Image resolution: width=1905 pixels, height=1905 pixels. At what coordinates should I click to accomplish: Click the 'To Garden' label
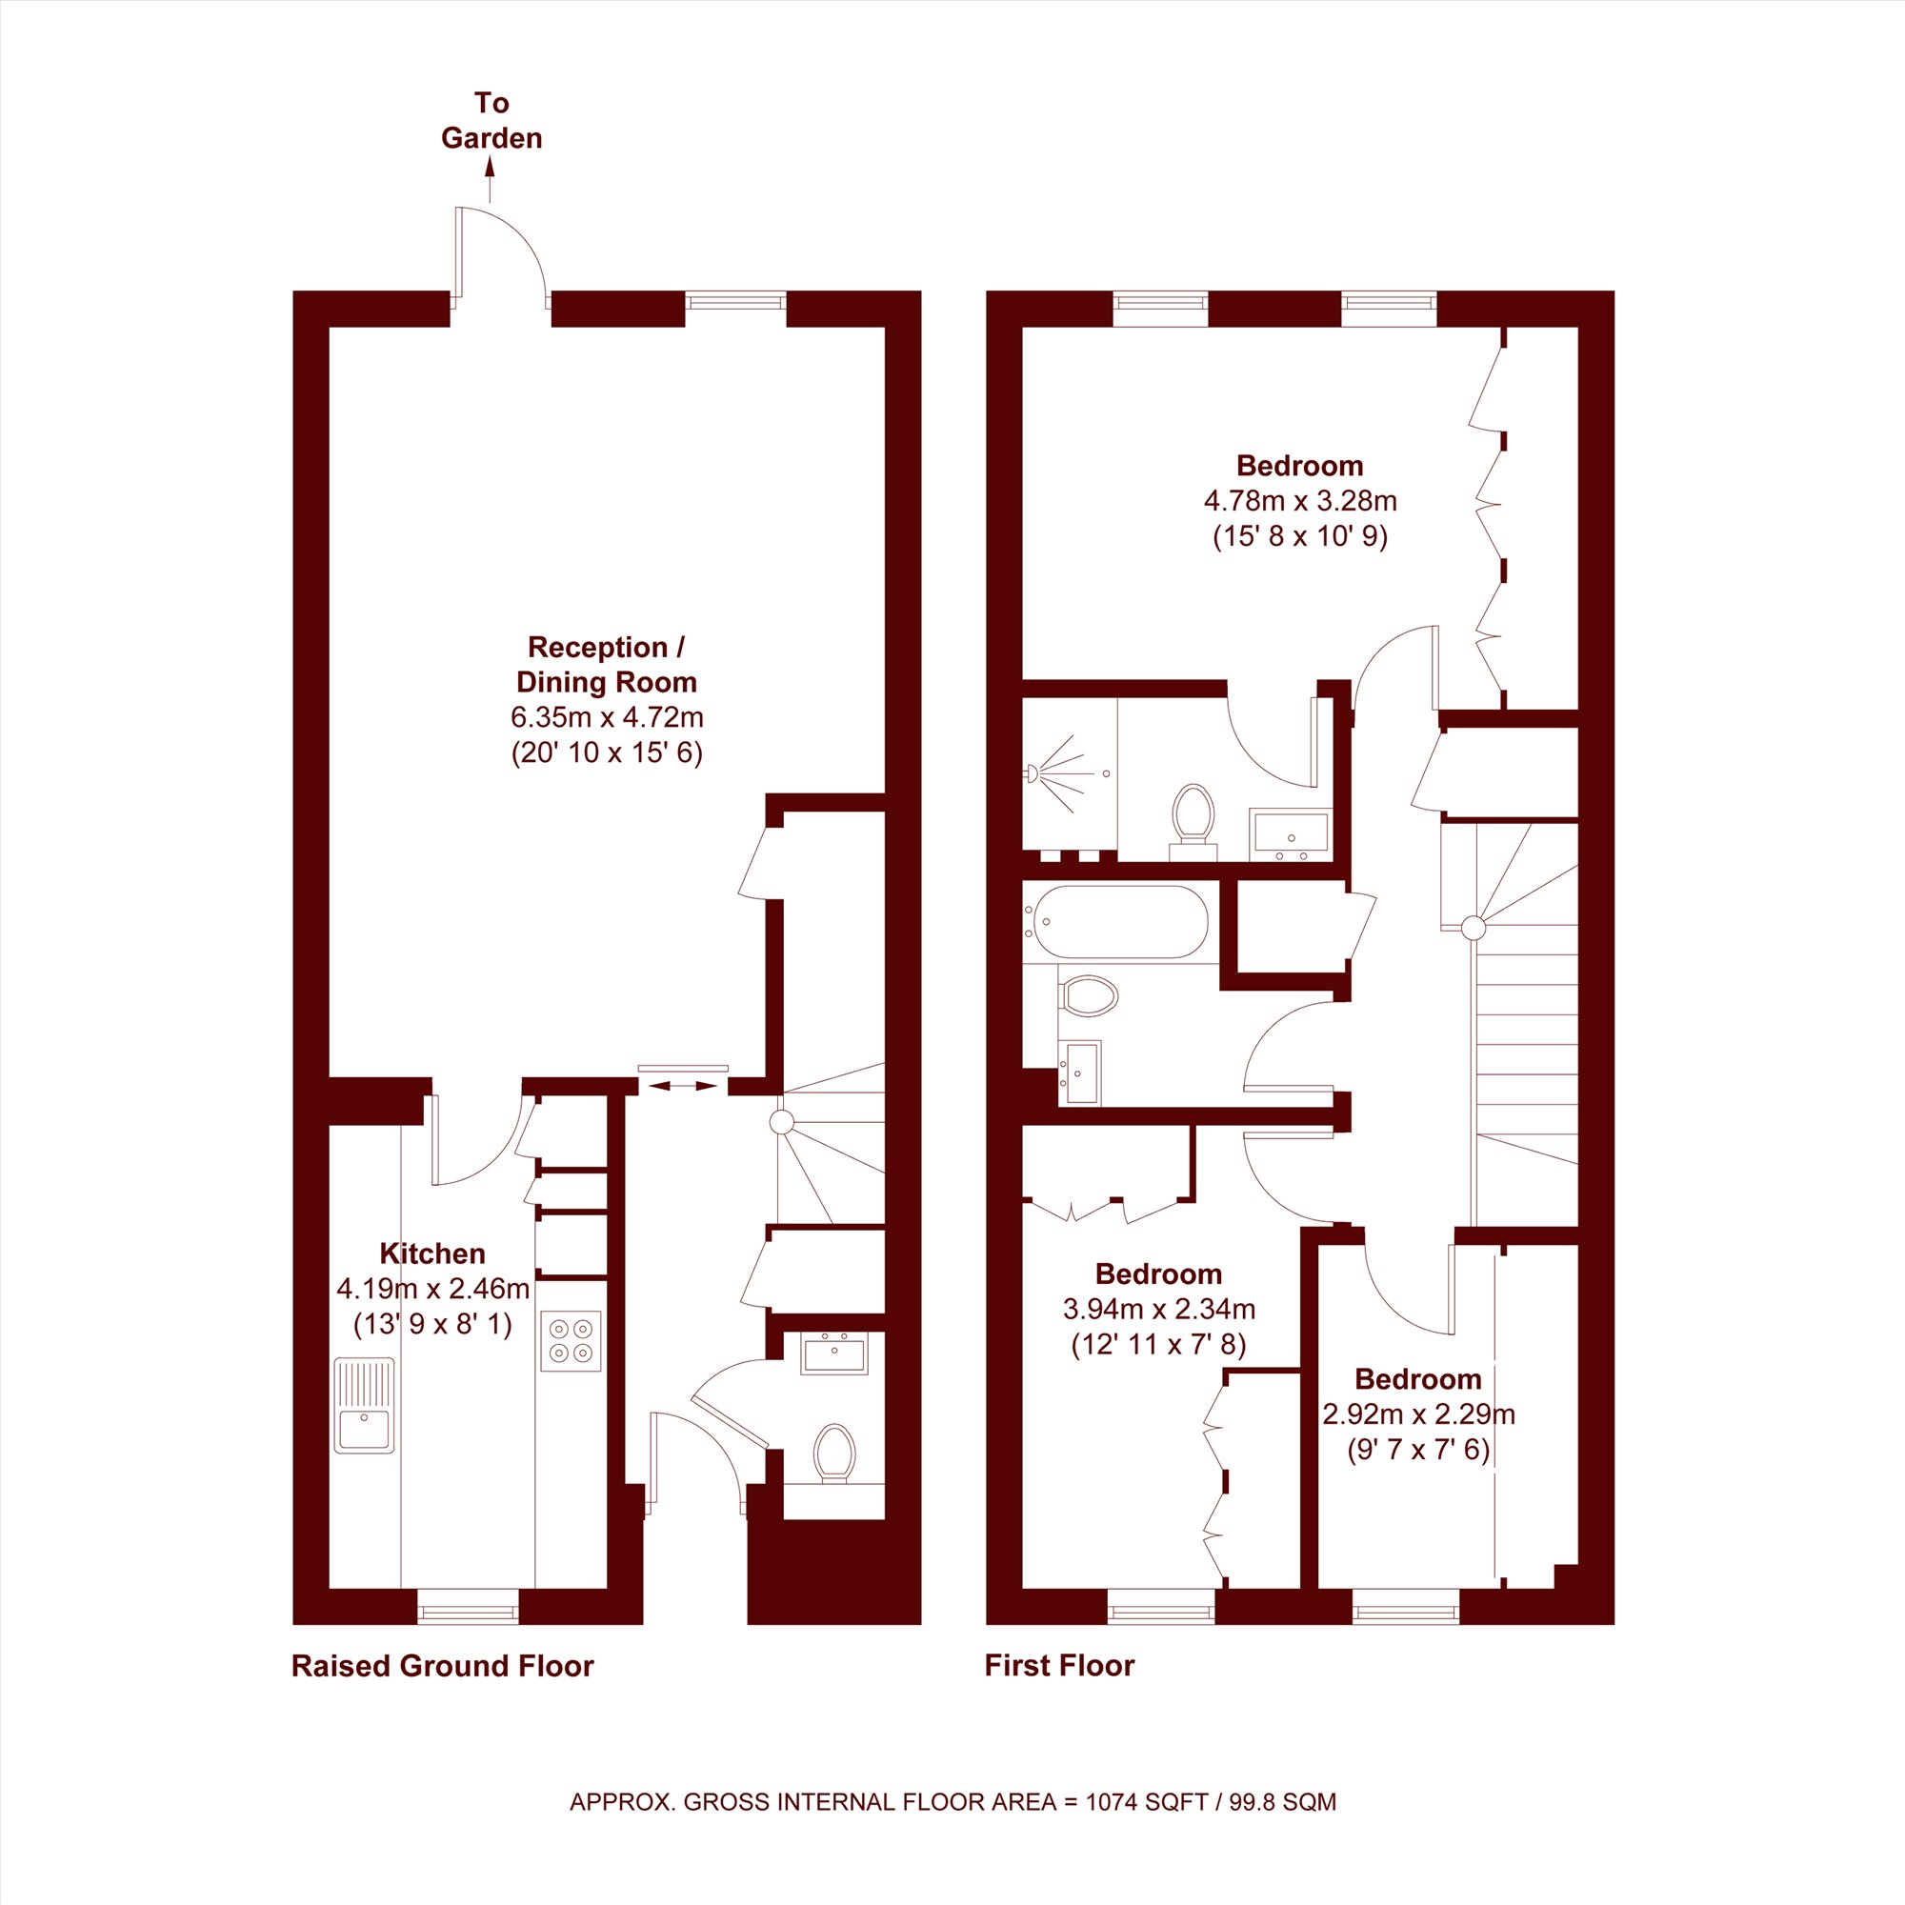pyautogui.click(x=491, y=120)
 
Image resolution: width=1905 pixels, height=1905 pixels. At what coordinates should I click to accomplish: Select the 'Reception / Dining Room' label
pyautogui.click(x=607, y=665)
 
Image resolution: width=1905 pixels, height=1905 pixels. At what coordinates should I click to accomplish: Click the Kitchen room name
pyautogui.click(x=431, y=1253)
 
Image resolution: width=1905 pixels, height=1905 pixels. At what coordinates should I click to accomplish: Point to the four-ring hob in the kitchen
pyautogui.click(x=571, y=1341)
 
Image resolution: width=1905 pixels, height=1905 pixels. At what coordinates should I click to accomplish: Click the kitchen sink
pyautogui.click(x=364, y=1406)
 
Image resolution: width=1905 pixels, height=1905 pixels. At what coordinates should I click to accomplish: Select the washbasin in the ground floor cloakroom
pyautogui.click(x=834, y=1353)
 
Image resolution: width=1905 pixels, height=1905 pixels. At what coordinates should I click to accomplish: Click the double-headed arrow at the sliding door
pyautogui.click(x=682, y=1086)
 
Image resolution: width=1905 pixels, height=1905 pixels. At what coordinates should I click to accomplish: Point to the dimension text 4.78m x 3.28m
pyautogui.click(x=1299, y=501)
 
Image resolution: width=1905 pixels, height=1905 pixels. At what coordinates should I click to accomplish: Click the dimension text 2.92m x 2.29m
pyautogui.click(x=1418, y=1415)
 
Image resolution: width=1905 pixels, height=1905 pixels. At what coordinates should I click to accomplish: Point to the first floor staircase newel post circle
pyautogui.click(x=1474, y=928)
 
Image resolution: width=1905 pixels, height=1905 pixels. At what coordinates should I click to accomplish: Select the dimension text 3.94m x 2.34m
pyautogui.click(x=1158, y=1310)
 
